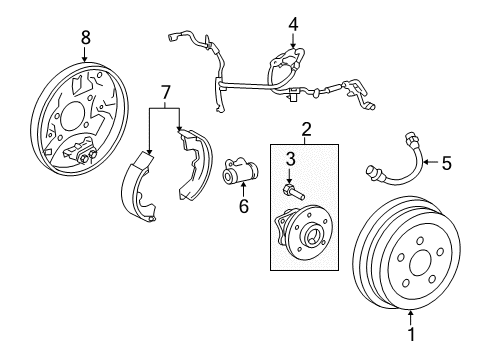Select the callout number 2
tap(307, 129)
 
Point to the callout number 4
tap(293, 22)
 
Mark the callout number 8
tap(85, 37)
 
